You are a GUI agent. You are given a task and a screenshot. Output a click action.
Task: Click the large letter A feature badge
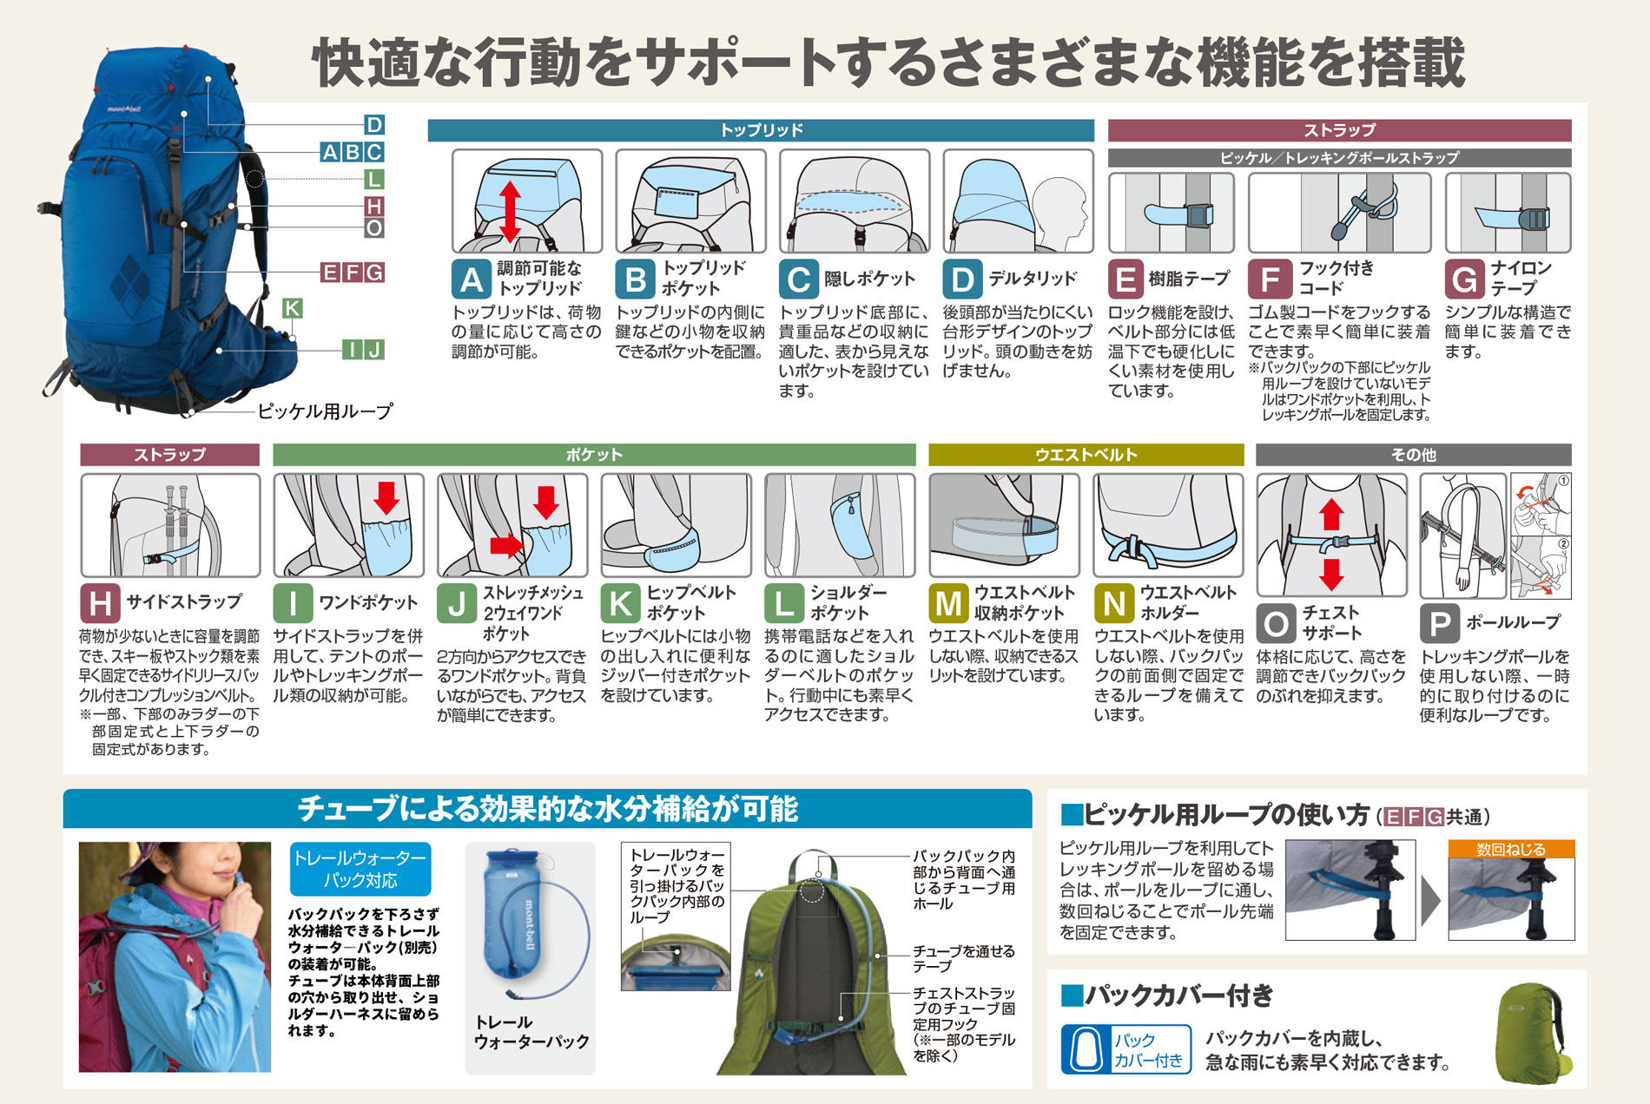(472, 279)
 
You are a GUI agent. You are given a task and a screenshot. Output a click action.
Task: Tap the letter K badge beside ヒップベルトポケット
(620, 603)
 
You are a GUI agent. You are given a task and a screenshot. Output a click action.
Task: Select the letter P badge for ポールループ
(1439, 623)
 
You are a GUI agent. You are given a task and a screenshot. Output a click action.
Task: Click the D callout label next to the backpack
(374, 124)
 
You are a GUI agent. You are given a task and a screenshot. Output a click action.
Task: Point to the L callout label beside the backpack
(374, 179)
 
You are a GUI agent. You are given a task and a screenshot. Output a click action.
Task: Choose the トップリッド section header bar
(761, 130)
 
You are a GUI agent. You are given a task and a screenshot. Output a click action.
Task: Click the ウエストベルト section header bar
(1086, 455)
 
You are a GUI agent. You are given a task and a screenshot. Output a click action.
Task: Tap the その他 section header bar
(1413, 455)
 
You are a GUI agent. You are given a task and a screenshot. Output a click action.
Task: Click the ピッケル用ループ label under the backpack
(326, 411)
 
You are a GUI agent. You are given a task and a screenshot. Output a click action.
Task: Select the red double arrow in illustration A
(510, 211)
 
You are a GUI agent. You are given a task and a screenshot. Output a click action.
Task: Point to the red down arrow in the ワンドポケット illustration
(386, 498)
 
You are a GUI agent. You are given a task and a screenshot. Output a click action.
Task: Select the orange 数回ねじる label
(1511, 850)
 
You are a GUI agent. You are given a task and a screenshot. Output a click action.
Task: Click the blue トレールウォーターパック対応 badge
(360, 869)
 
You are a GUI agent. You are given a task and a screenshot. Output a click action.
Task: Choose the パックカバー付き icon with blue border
(1126, 1049)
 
